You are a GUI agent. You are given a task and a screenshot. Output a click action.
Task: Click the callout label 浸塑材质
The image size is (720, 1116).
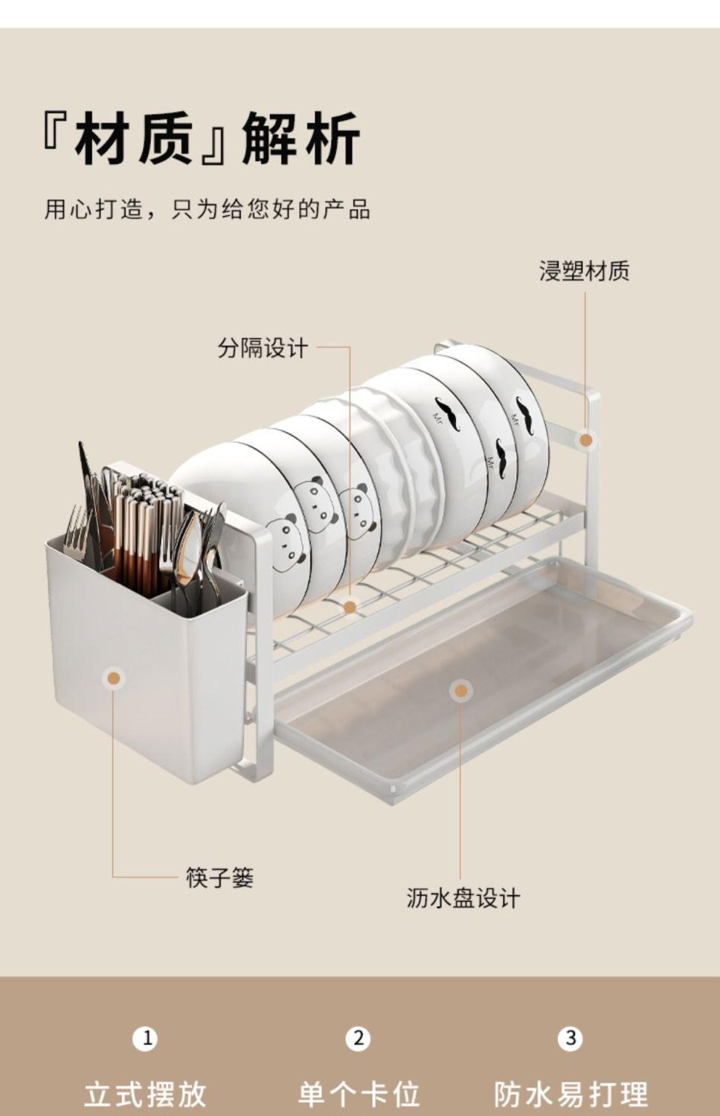tap(584, 271)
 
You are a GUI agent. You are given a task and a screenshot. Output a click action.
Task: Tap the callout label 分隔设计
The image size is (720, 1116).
tap(263, 348)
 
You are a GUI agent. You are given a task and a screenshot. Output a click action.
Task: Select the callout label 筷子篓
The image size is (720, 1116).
tap(219, 878)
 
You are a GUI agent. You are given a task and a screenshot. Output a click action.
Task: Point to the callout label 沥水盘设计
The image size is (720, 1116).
tap(463, 898)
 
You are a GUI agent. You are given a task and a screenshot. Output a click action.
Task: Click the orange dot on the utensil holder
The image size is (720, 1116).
tap(113, 678)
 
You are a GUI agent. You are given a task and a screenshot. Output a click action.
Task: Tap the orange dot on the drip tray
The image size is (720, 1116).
tap(461, 690)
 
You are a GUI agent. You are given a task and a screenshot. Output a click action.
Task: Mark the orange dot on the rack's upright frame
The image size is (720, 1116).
tap(586, 440)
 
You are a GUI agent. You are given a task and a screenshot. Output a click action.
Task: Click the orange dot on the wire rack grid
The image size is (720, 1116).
tap(350, 607)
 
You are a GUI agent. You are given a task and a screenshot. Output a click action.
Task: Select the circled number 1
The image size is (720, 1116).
tap(146, 1038)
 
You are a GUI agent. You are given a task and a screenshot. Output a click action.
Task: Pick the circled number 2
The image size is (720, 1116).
tap(359, 1038)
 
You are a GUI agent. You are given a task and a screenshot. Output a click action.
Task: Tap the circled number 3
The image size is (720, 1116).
tap(570, 1038)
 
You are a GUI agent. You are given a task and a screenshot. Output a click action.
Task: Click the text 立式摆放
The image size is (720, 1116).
tap(145, 1094)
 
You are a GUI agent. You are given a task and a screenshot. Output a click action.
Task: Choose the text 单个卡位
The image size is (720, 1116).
tap(359, 1094)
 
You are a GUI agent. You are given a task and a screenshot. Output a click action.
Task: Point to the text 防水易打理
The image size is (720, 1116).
tap(570, 1094)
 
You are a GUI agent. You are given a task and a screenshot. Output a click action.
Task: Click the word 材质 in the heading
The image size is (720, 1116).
tap(134, 138)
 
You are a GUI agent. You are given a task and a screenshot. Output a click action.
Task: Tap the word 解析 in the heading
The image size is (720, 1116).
tap(301, 138)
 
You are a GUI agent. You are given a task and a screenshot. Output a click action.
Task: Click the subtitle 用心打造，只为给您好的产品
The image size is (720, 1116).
tap(207, 209)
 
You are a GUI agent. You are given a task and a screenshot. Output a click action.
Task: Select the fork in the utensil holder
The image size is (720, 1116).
tap(76, 532)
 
